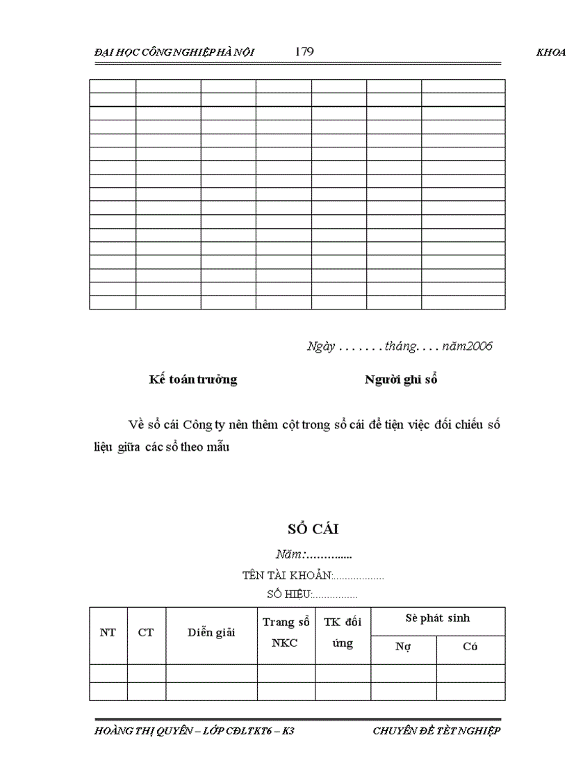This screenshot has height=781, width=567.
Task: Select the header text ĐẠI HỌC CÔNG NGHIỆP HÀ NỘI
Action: [x=174, y=53]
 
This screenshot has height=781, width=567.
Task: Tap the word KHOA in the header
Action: [x=551, y=53]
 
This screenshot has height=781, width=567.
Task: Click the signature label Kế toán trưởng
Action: [x=192, y=380]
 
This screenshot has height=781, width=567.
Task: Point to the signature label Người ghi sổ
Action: [x=401, y=380]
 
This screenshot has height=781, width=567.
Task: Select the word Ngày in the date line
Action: [x=320, y=346]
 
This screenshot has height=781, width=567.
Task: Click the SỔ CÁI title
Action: [x=313, y=529]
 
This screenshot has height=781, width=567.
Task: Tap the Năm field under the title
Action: [x=313, y=555]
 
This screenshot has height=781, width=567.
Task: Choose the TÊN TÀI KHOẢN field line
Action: [x=313, y=576]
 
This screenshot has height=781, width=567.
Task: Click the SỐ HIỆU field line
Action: [x=312, y=595]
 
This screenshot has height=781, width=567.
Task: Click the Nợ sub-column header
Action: [x=403, y=647]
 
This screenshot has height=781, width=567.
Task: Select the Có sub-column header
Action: [x=470, y=647]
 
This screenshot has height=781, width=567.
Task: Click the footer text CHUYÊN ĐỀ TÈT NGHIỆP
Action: [x=436, y=731]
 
